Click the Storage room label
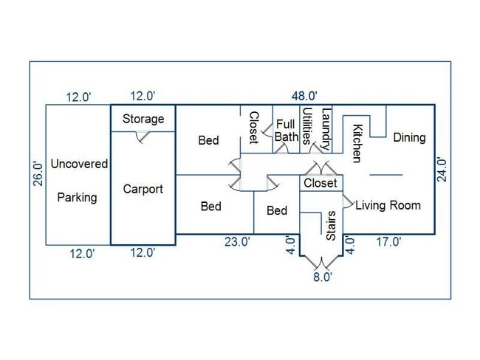tap(143, 119)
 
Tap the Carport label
tap(143, 189)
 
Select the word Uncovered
tap(79, 164)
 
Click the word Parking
tap(77, 197)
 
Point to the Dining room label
tap(409, 137)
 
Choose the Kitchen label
tap(357, 143)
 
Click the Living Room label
tap(388, 205)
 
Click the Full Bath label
tap(287, 131)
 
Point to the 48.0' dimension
tap(304, 96)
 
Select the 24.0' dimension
tap(442, 170)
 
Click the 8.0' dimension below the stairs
tap(321, 277)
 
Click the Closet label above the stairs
tap(320, 183)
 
